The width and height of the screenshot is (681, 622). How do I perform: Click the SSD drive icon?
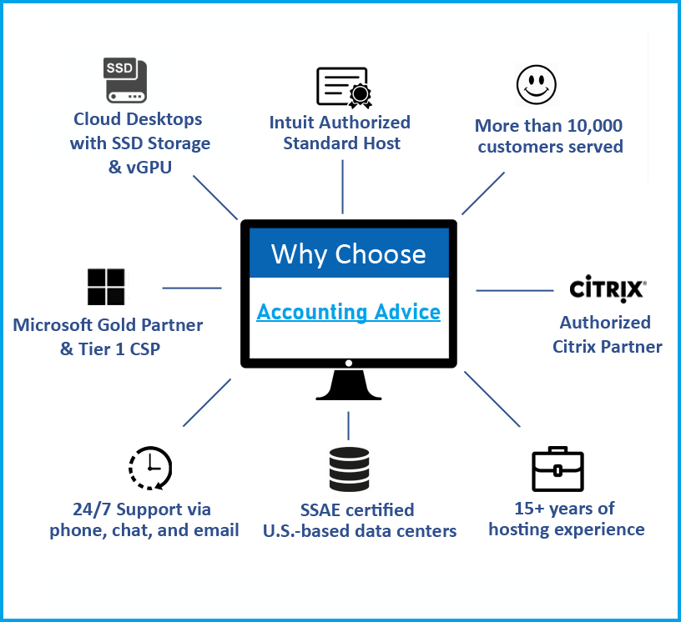pyautogui.click(x=125, y=80)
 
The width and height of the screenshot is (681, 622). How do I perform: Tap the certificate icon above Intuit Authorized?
pyautogui.click(x=344, y=88)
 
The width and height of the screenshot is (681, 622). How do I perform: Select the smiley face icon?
pyautogui.click(x=537, y=85)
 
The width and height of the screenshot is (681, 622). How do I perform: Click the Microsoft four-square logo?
pyautogui.click(x=106, y=287)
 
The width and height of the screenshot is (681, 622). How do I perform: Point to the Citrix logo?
pyautogui.click(x=608, y=288)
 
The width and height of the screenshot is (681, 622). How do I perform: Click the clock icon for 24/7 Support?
pyautogui.click(x=150, y=468)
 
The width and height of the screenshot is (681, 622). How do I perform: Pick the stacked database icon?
pyautogui.click(x=349, y=469)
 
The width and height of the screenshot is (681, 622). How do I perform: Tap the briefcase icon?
pyautogui.click(x=557, y=469)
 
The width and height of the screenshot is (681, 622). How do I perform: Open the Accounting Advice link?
pyautogui.click(x=348, y=312)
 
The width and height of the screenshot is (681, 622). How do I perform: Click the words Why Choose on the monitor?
pyautogui.click(x=348, y=254)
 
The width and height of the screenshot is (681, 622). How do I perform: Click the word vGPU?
pyautogui.click(x=149, y=167)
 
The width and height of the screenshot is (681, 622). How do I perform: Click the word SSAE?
pyautogui.click(x=320, y=510)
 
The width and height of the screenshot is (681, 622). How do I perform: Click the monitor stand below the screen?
pyautogui.click(x=349, y=384)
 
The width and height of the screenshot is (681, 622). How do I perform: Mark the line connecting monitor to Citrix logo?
pyautogui.click(x=515, y=290)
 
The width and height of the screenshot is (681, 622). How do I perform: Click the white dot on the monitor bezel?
pyautogui.click(x=348, y=363)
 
